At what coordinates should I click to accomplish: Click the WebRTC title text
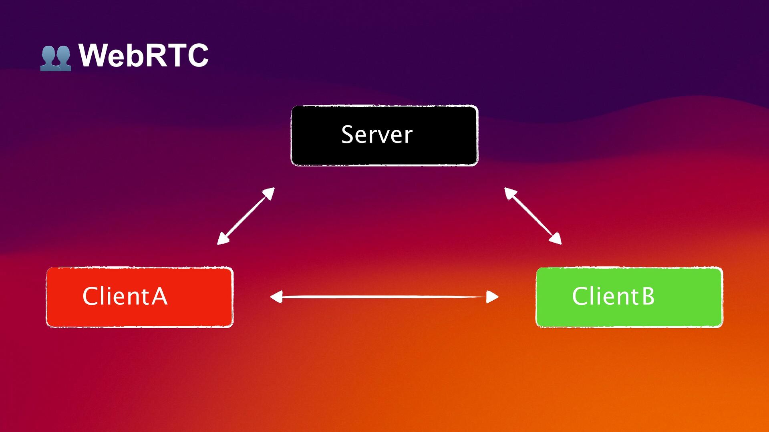click(x=143, y=55)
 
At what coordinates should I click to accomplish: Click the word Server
click(x=376, y=135)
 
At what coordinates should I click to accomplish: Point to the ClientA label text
click(x=125, y=296)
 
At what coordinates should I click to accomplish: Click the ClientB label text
click(x=613, y=296)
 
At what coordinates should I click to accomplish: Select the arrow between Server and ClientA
click(x=246, y=216)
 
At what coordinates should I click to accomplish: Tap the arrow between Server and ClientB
click(x=533, y=216)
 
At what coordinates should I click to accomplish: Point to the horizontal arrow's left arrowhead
click(x=276, y=297)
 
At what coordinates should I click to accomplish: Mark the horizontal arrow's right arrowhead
click(x=493, y=297)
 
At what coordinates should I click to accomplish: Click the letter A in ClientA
click(x=159, y=296)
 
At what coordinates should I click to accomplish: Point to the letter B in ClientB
click(x=648, y=296)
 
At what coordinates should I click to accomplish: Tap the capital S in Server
click(x=347, y=135)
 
